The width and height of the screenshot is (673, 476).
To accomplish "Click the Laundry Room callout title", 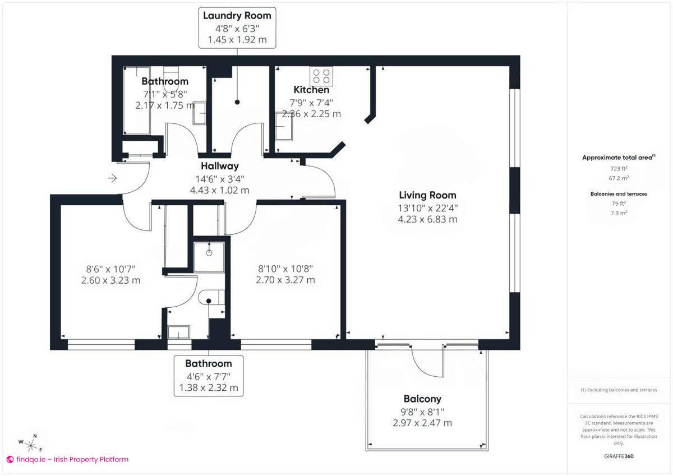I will tap(237, 16).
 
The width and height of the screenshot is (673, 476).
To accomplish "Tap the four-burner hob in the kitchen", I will tap(321, 76).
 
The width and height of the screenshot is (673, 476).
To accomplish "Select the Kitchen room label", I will tap(311, 90).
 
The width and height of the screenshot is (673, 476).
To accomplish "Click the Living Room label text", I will tap(427, 195).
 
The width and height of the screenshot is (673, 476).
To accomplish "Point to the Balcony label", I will tap(422, 399).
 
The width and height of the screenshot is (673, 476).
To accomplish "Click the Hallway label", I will tap(220, 166).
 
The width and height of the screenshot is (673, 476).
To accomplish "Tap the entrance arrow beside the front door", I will tap(112, 178).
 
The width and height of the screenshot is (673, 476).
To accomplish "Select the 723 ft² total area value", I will tap(619, 168).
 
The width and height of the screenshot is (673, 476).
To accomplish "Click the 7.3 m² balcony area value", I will tap(619, 213).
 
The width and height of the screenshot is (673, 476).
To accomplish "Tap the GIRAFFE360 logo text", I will tap(619, 456).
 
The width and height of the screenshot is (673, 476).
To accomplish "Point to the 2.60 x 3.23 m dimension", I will tap(110, 280).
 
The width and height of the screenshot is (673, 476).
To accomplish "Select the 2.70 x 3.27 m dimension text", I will tap(285, 280).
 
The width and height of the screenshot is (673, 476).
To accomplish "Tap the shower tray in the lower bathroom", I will tap(210, 256).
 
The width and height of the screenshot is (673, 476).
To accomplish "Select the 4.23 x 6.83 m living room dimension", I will tap(427, 219).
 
